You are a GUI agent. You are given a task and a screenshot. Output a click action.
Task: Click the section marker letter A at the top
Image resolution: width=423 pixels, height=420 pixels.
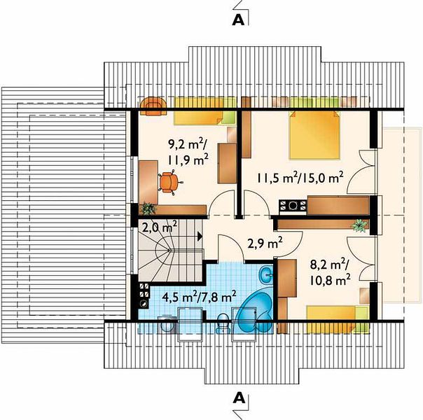point(238,20)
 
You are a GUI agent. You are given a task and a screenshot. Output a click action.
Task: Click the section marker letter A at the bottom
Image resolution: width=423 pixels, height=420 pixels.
point(239,398)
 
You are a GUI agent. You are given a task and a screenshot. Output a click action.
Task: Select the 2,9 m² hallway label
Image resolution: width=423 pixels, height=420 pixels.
point(265,244)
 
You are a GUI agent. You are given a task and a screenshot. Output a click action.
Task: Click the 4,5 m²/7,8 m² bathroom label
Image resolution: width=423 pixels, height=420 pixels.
point(200,297)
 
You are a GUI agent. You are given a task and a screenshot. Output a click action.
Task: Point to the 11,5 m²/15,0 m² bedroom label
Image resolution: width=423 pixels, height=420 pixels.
point(300,178)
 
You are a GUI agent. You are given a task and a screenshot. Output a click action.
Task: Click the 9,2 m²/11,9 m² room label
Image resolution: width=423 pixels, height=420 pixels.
point(188,153)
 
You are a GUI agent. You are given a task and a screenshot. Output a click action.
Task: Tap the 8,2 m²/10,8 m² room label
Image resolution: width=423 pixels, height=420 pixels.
point(330,272)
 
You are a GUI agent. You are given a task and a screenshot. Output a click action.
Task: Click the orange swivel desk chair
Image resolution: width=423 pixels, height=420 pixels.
point(169,182)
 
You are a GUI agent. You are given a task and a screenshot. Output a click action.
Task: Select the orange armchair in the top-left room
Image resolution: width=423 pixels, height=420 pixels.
point(153,106)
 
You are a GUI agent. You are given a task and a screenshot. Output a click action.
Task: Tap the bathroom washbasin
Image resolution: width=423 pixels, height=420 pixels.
point(266,274)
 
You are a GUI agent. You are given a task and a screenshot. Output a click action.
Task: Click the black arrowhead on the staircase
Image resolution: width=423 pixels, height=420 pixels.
point(200,236)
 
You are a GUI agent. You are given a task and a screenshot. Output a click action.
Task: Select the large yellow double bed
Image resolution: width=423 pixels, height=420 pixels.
point(314,135)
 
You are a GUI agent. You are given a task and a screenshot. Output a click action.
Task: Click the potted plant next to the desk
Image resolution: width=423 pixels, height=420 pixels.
point(148,208)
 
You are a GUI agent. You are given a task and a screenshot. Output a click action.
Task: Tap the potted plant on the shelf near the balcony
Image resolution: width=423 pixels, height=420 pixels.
point(359,225)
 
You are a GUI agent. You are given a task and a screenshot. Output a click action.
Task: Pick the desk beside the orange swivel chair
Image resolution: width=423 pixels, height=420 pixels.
point(148,183)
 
